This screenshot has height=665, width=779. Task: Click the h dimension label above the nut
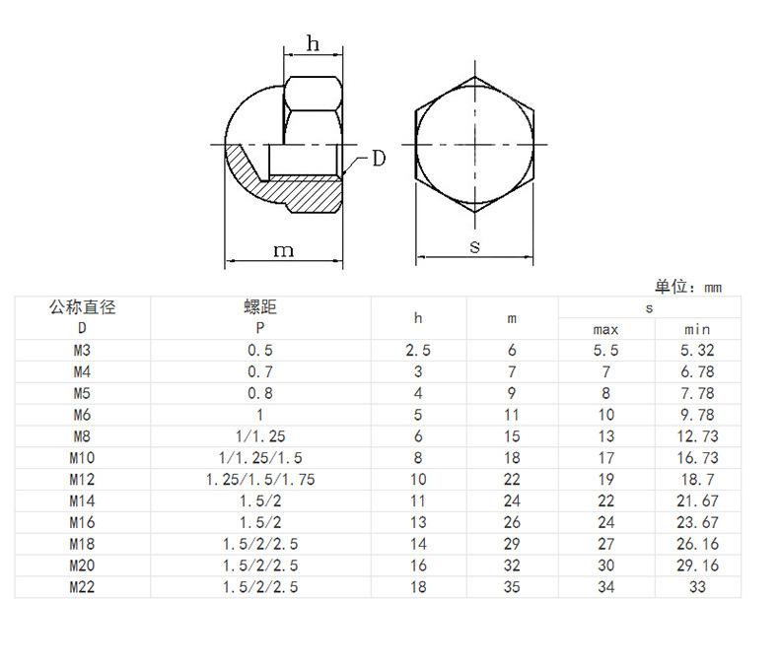(x=313, y=43)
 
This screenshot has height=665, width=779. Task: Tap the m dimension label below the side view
(x=284, y=250)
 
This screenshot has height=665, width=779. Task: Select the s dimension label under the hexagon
(x=475, y=246)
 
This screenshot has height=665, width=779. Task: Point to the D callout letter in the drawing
(x=379, y=159)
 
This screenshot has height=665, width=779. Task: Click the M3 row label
(x=82, y=351)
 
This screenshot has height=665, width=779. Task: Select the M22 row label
(x=82, y=587)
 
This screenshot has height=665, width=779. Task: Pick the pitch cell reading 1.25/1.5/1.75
(x=260, y=480)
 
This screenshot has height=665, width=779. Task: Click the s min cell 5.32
(x=697, y=351)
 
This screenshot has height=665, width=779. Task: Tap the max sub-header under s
(x=605, y=329)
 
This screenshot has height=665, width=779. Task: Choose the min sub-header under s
(x=697, y=329)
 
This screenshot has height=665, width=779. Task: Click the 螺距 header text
(x=260, y=307)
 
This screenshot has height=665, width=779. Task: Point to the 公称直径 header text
(x=83, y=307)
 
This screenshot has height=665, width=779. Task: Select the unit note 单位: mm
(x=688, y=287)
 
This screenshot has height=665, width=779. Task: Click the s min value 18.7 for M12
(x=697, y=480)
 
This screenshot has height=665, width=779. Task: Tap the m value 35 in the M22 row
(x=512, y=587)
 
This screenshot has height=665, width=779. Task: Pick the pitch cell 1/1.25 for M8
(x=260, y=436)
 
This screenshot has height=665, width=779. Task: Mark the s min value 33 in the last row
(x=697, y=587)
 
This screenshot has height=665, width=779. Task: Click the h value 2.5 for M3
(x=418, y=351)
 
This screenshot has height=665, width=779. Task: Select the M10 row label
(x=82, y=458)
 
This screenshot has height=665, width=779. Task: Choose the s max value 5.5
(x=605, y=351)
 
